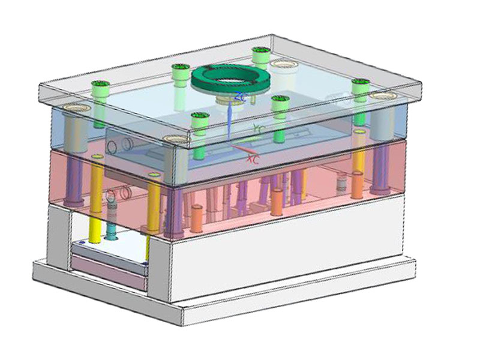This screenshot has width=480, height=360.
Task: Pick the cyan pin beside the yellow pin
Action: (112, 231)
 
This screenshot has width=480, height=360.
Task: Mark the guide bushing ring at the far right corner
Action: (380, 96)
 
